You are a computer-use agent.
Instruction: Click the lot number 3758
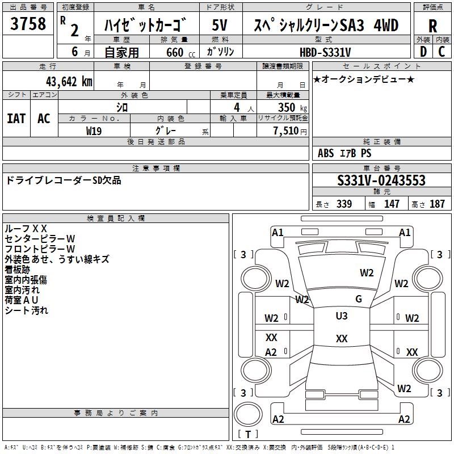(28, 24)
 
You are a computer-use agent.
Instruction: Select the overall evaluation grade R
(432, 26)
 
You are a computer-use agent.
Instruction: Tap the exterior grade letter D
(423, 51)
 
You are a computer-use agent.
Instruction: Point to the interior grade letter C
(442, 51)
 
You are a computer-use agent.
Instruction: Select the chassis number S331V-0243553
(381, 181)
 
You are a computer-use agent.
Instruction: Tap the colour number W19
(94, 130)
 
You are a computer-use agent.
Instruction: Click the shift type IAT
(16, 119)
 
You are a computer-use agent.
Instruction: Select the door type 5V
(220, 25)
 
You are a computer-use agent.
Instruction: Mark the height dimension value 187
(437, 204)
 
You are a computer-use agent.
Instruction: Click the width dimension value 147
(392, 204)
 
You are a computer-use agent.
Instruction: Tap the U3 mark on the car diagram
(342, 316)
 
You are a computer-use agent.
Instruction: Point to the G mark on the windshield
(358, 299)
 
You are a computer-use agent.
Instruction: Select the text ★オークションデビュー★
(364, 79)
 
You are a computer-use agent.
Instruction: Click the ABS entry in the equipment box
(326, 153)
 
